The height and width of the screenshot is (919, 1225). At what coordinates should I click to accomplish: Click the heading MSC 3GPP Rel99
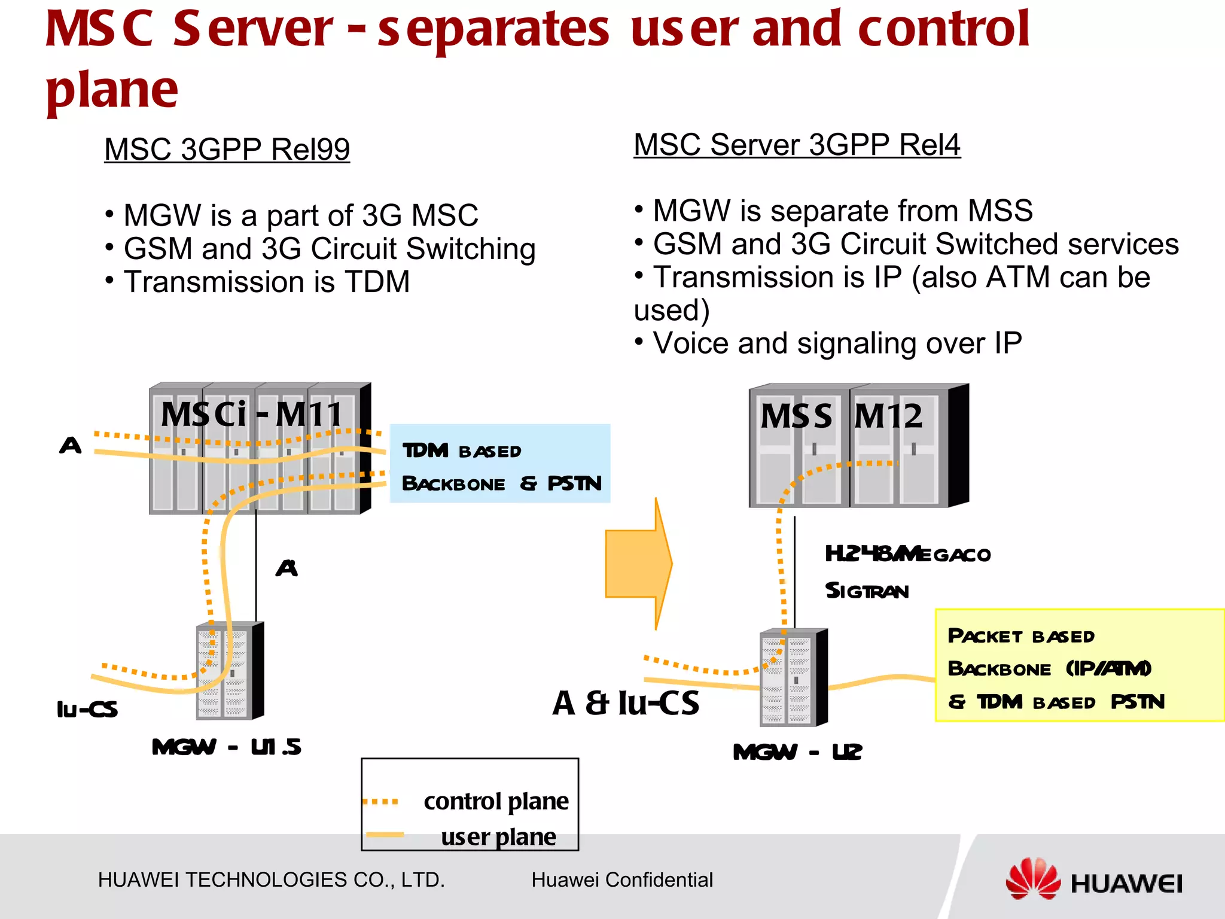click(227, 149)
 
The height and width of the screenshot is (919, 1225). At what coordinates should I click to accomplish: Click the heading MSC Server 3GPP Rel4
click(797, 145)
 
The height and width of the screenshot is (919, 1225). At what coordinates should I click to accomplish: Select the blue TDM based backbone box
click(500, 464)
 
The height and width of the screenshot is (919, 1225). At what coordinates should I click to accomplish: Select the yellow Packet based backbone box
click(1078, 665)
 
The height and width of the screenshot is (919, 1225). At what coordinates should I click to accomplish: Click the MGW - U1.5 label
click(226, 747)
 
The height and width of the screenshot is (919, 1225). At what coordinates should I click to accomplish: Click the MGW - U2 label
click(797, 752)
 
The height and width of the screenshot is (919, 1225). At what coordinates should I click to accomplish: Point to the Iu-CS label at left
click(87, 710)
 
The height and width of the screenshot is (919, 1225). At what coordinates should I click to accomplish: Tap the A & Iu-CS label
click(626, 703)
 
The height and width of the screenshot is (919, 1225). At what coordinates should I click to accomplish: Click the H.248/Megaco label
click(907, 554)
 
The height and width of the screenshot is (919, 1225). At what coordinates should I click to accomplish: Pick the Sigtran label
click(867, 591)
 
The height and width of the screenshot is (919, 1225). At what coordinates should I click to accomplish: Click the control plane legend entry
click(496, 801)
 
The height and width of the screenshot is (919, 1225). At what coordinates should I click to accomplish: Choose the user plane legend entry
click(498, 836)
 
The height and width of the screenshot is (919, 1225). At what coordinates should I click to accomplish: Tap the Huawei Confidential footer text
click(622, 880)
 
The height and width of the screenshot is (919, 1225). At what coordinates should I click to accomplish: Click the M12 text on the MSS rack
click(889, 416)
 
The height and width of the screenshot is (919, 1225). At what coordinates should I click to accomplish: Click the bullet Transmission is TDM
click(266, 282)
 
